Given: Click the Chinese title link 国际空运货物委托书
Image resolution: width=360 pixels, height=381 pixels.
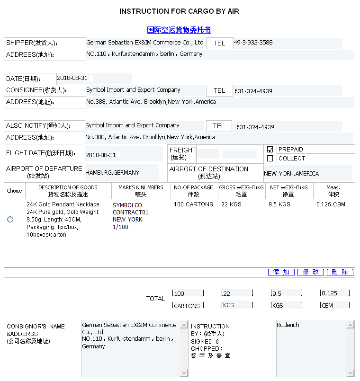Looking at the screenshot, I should pyautogui.click(x=179, y=30).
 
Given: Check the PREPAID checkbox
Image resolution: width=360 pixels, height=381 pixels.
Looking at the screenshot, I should pyautogui.click(x=270, y=150).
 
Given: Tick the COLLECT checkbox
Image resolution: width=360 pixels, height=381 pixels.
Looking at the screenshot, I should pyautogui.click(x=270, y=159).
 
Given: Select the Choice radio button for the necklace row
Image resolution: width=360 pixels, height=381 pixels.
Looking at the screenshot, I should pyautogui.click(x=10, y=219).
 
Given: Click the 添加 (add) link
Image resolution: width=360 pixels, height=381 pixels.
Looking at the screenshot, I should pyautogui.click(x=281, y=272).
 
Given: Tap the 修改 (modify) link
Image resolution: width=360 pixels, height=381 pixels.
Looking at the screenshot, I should pyautogui.click(x=311, y=272).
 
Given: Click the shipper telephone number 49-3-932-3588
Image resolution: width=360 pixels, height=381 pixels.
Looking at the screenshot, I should pyautogui.click(x=253, y=43).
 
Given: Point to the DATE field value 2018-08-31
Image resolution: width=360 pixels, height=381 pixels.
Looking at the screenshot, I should pyautogui.click(x=72, y=78).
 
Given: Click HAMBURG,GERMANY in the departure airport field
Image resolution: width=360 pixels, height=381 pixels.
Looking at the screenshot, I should pyautogui.click(x=112, y=173).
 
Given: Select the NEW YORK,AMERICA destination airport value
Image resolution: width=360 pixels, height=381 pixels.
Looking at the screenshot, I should pyautogui.click(x=291, y=174).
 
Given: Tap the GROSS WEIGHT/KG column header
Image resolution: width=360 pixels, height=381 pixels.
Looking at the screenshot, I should pyautogui.click(x=241, y=191).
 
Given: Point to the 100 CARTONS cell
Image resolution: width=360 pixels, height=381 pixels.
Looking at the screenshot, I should pyautogui.click(x=193, y=204).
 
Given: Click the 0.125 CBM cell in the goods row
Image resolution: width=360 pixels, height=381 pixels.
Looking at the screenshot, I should pyautogui.click(x=331, y=204).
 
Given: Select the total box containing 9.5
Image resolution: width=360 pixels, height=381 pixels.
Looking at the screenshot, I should pyautogui.click(x=286, y=293).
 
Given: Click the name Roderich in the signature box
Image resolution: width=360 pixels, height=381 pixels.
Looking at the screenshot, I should pyautogui.click(x=288, y=325).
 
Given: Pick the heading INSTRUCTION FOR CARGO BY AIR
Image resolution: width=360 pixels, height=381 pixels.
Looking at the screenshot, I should pyautogui.click(x=179, y=11).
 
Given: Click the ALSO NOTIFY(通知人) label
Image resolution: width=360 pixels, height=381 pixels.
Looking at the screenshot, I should pyautogui.click(x=38, y=126).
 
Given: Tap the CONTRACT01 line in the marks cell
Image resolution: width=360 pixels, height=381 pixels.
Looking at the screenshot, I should pyautogui.click(x=130, y=213).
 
